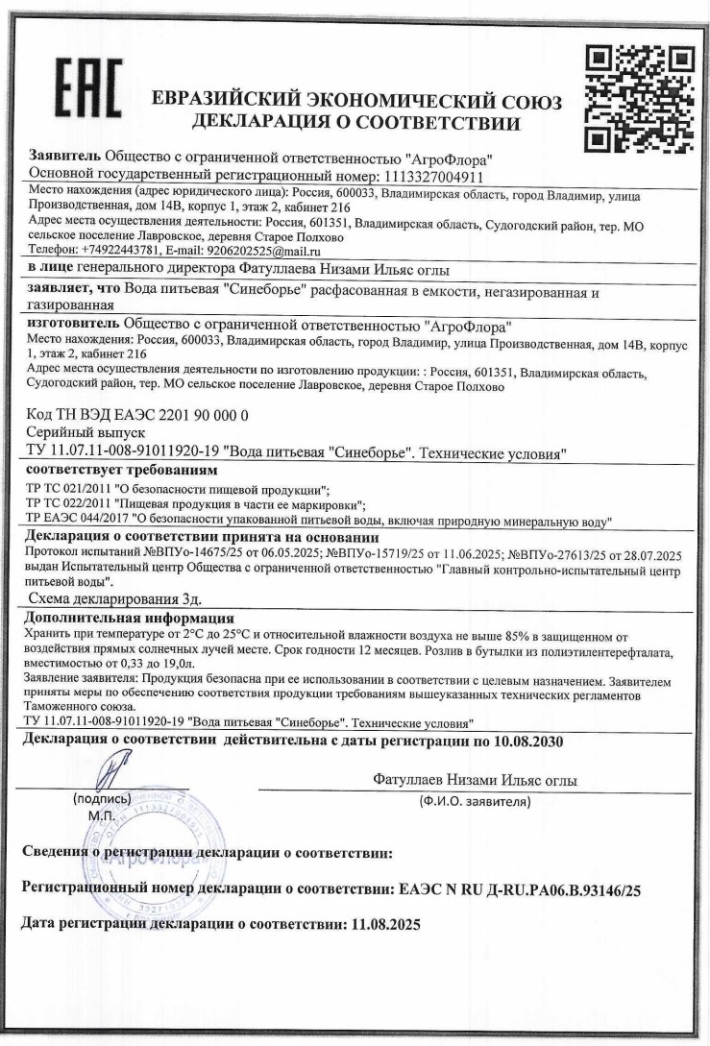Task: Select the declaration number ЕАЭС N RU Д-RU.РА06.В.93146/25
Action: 517,890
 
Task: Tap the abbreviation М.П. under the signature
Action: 100,815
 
